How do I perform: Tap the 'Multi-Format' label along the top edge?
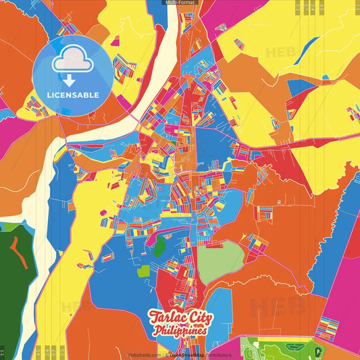180,3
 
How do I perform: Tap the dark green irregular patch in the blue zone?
159,247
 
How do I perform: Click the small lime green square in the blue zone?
143,272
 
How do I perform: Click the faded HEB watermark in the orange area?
277,307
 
